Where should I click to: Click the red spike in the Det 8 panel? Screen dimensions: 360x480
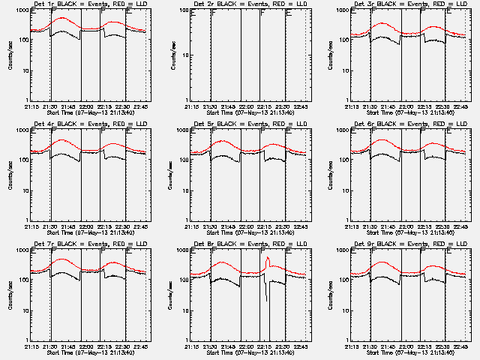coord(268,260)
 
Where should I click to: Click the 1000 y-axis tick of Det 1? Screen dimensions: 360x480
coord(21,11)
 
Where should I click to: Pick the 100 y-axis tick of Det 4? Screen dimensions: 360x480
coord(21,158)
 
